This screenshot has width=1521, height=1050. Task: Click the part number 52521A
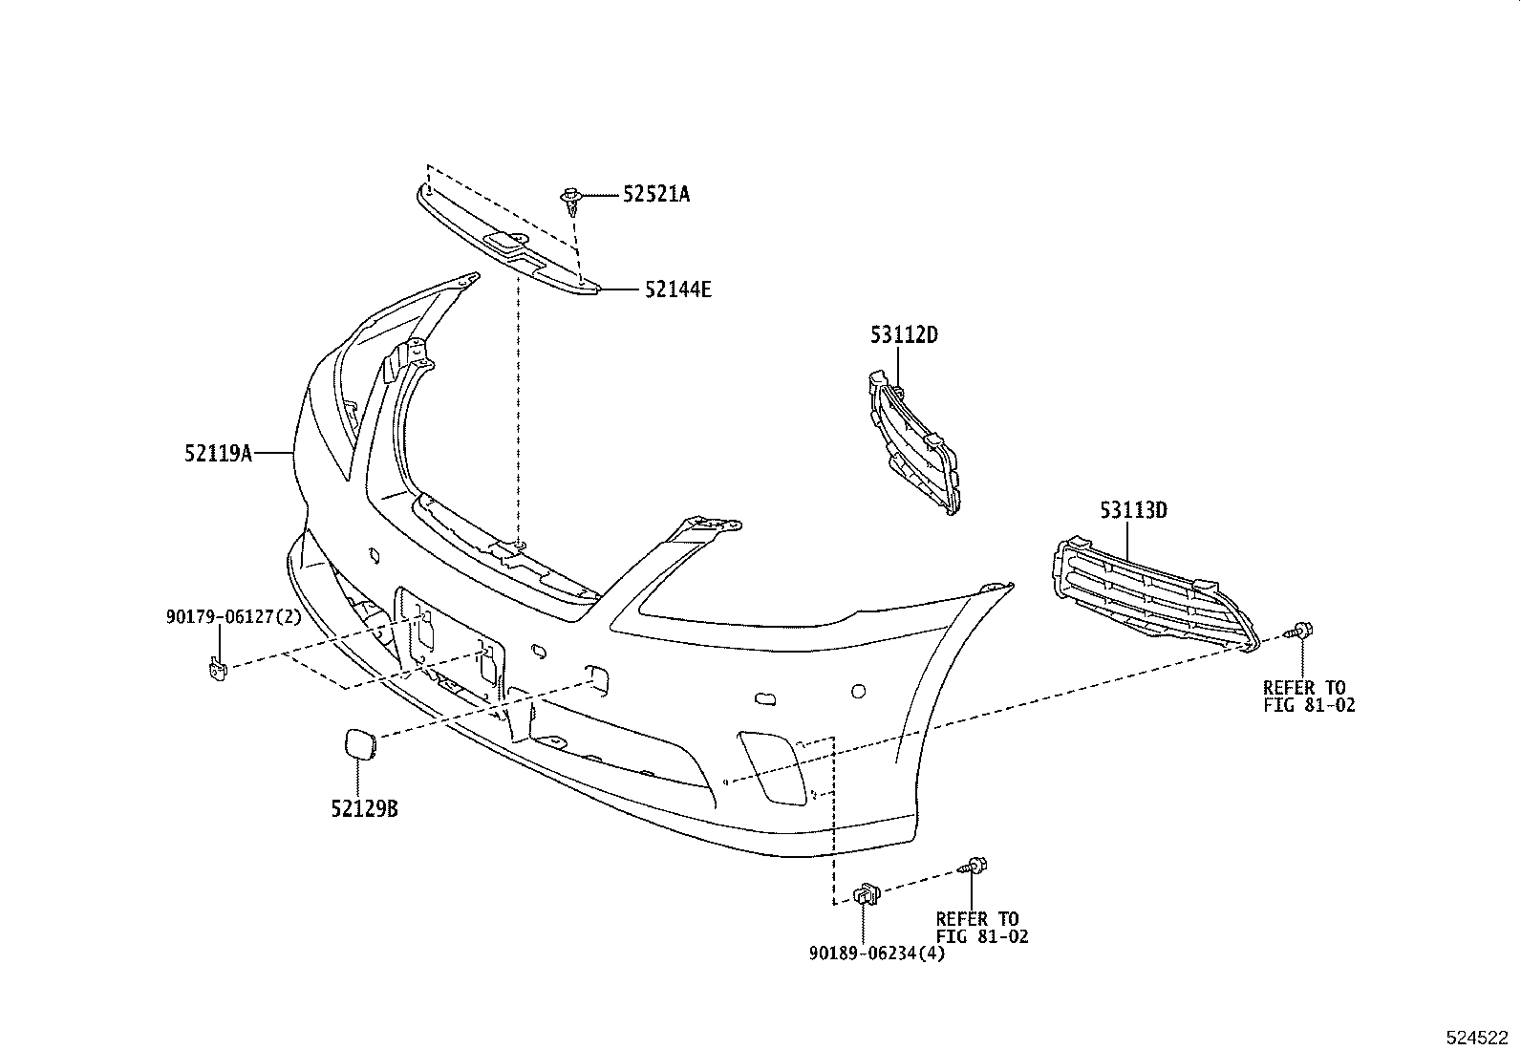[656, 194]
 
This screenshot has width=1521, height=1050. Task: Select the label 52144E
[677, 289]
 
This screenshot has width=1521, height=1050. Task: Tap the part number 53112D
[903, 335]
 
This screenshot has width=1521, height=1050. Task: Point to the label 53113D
[1133, 510]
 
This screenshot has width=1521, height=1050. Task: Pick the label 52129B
[364, 809]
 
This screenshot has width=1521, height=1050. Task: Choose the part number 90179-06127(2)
[233, 617]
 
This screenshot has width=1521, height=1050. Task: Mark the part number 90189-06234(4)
[876, 953]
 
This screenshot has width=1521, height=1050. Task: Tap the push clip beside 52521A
[571, 199]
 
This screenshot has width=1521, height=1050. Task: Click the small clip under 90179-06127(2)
[217, 667]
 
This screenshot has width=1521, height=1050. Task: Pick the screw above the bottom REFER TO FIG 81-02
[975, 868]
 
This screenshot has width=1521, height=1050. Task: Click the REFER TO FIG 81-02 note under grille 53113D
[1308, 696]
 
